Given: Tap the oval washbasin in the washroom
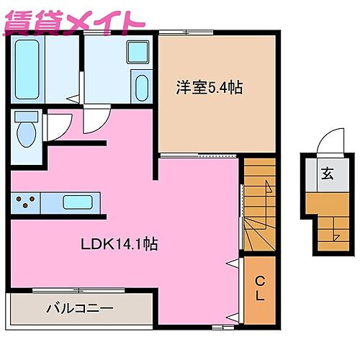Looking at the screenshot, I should (x=140, y=88).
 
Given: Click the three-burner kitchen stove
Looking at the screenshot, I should (x=26, y=203).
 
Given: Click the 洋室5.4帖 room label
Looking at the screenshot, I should (x=209, y=88).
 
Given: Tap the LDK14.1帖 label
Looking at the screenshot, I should (x=120, y=243).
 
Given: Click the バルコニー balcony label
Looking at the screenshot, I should (x=79, y=307).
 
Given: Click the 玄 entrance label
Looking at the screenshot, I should (x=328, y=173).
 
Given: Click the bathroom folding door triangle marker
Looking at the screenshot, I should (x=71, y=98).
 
